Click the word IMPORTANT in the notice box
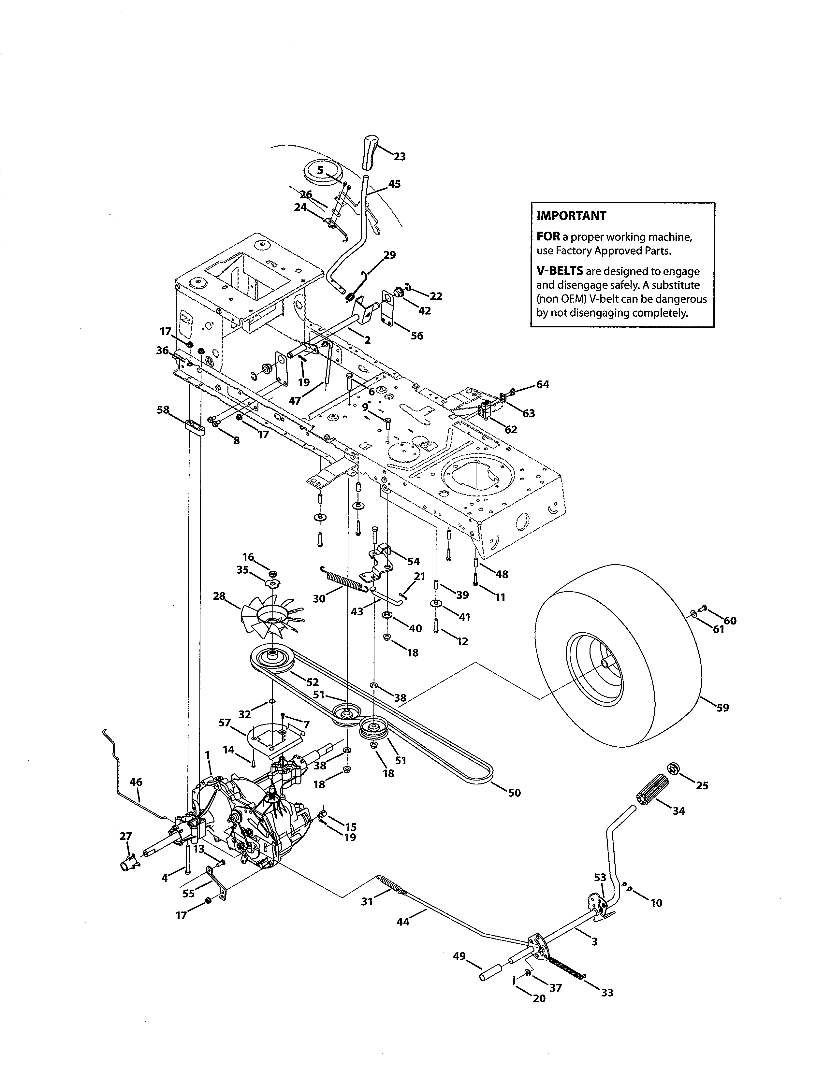[x=571, y=216]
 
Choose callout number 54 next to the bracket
[x=414, y=561]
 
